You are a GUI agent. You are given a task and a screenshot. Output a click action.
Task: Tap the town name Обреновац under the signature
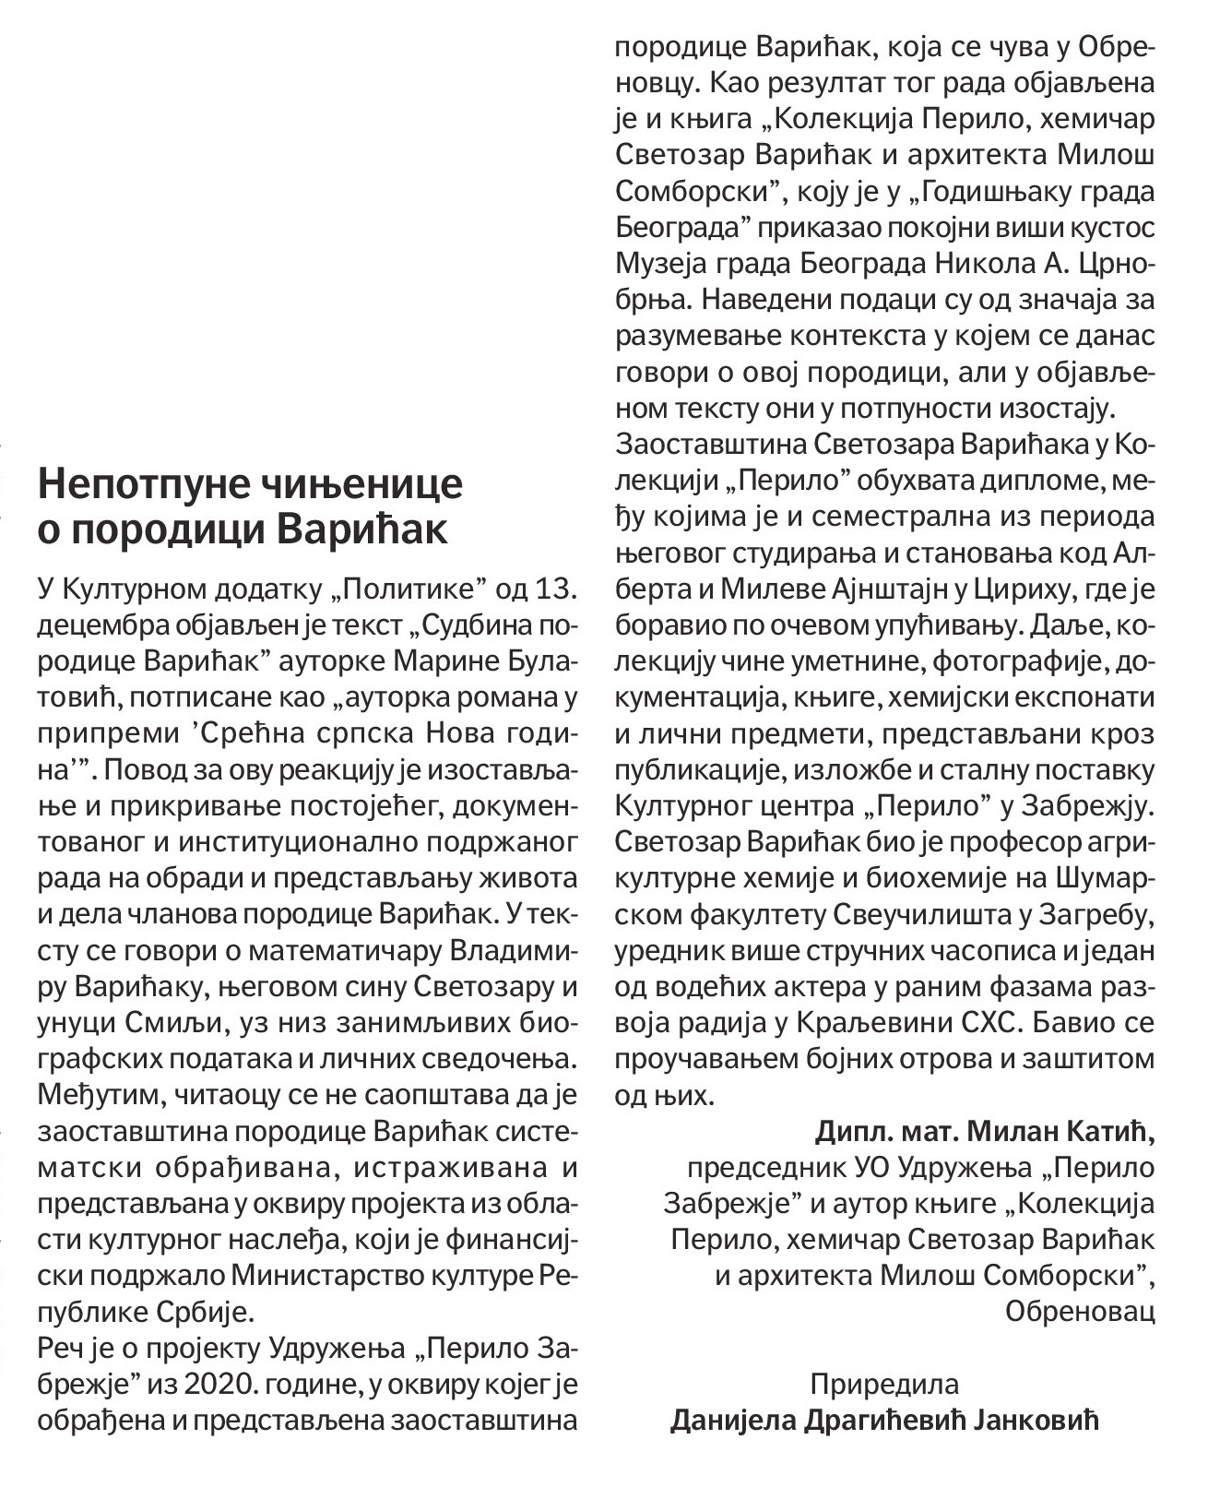point(1080,1311)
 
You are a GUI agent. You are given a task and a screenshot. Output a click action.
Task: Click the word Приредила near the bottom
point(884,1384)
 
